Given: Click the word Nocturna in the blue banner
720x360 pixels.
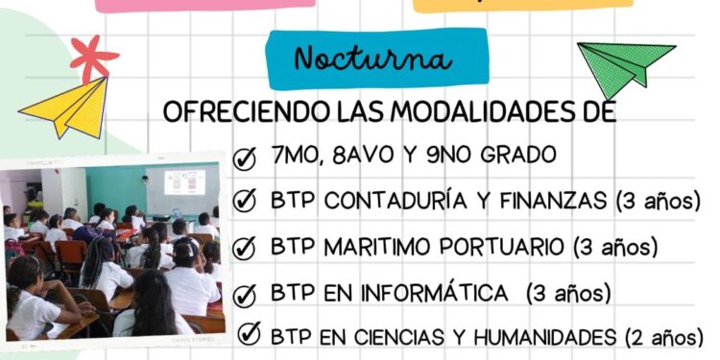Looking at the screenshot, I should pos(372,60).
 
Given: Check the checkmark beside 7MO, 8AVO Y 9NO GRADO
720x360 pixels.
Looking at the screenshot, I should pos(245,156).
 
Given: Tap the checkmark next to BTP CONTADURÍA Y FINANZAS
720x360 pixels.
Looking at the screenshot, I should pos(245,201).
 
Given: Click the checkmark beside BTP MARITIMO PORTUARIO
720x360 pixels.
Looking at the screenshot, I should pos(245,247).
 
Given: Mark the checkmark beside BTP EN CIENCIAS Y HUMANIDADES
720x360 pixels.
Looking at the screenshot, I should pos(248,335).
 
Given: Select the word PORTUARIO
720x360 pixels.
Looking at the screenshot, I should pos(508,247).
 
